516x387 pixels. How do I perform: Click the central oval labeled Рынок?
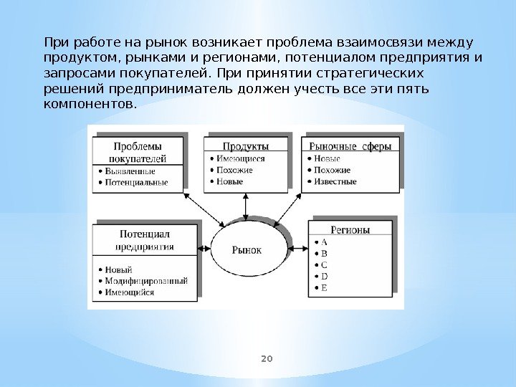click(247, 249)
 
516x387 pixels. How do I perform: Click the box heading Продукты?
click(245, 145)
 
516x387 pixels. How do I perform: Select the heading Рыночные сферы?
click(350, 145)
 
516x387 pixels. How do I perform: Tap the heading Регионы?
click(350, 230)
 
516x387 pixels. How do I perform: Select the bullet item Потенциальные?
click(136, 182)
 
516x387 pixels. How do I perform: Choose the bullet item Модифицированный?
click(146, 281)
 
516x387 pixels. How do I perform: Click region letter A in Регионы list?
click(324, 242)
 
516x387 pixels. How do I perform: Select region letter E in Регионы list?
click(324, 287)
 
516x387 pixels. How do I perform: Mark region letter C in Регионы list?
click(324, 264)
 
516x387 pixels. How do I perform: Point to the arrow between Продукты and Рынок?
click(245, 205)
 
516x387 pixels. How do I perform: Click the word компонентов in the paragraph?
click(88, 105)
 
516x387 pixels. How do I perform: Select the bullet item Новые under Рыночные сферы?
click(326, 158)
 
